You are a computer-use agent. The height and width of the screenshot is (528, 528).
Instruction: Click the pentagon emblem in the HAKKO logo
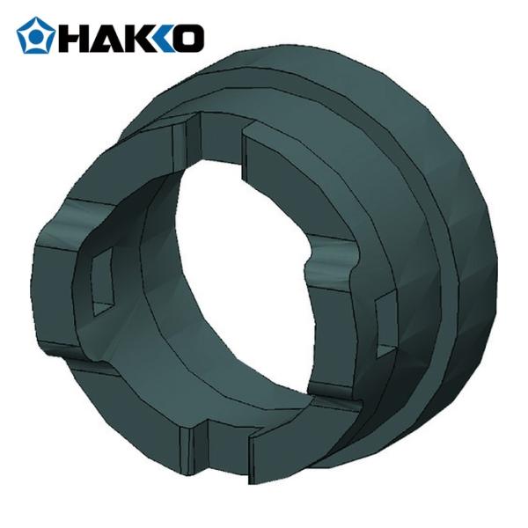pos(36,35)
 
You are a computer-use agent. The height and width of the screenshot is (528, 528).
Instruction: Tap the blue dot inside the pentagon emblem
pos(35,35)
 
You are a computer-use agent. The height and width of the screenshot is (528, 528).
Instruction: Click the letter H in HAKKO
pos(70,39)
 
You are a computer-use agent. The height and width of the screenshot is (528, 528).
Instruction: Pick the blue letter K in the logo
pos(164,39)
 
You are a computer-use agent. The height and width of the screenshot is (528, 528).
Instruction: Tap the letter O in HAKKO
pos(188,39)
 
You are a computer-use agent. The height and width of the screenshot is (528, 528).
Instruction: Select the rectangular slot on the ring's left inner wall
pos(102,282)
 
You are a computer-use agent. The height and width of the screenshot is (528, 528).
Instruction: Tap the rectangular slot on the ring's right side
pos(385,326)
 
